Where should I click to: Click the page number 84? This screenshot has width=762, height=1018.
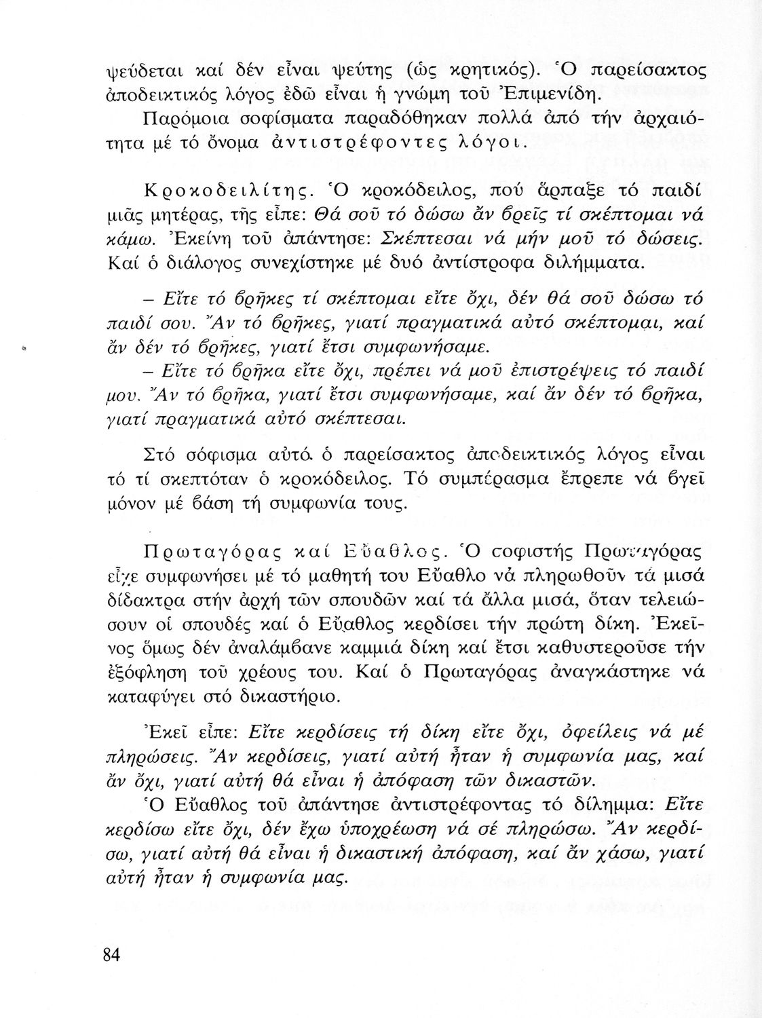[111, 954]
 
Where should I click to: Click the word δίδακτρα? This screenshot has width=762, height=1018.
[139, 603]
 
